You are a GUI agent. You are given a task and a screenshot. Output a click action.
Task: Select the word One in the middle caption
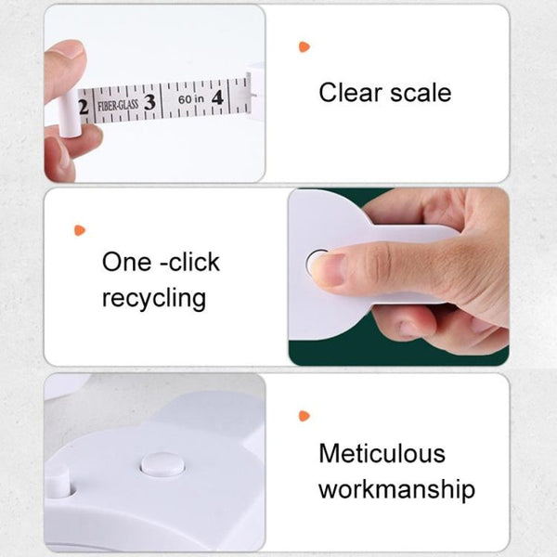pos(124,262)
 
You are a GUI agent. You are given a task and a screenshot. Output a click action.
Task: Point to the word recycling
pos(154,299)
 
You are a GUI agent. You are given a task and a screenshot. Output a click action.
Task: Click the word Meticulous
pos(382,454)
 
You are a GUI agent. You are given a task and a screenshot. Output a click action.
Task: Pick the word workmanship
pos(396,489)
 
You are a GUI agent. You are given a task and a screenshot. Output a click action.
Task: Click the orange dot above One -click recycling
pos(80,229)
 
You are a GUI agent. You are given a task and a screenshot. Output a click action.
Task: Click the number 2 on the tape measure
pos(84,109)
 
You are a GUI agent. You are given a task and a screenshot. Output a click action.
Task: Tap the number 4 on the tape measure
pos(216,96)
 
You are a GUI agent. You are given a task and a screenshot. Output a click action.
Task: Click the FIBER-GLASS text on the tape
pos(118,106)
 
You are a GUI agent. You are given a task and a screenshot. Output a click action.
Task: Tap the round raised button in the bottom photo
pos(162,464)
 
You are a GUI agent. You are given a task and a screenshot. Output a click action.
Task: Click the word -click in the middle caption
pos(189,262)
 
